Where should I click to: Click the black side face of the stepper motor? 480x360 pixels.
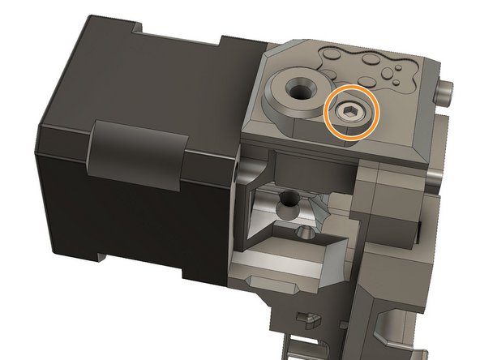pyautogui.click(x=65, y=203)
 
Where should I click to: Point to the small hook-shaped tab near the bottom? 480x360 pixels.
pyautogui.click(x=306, y=317)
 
